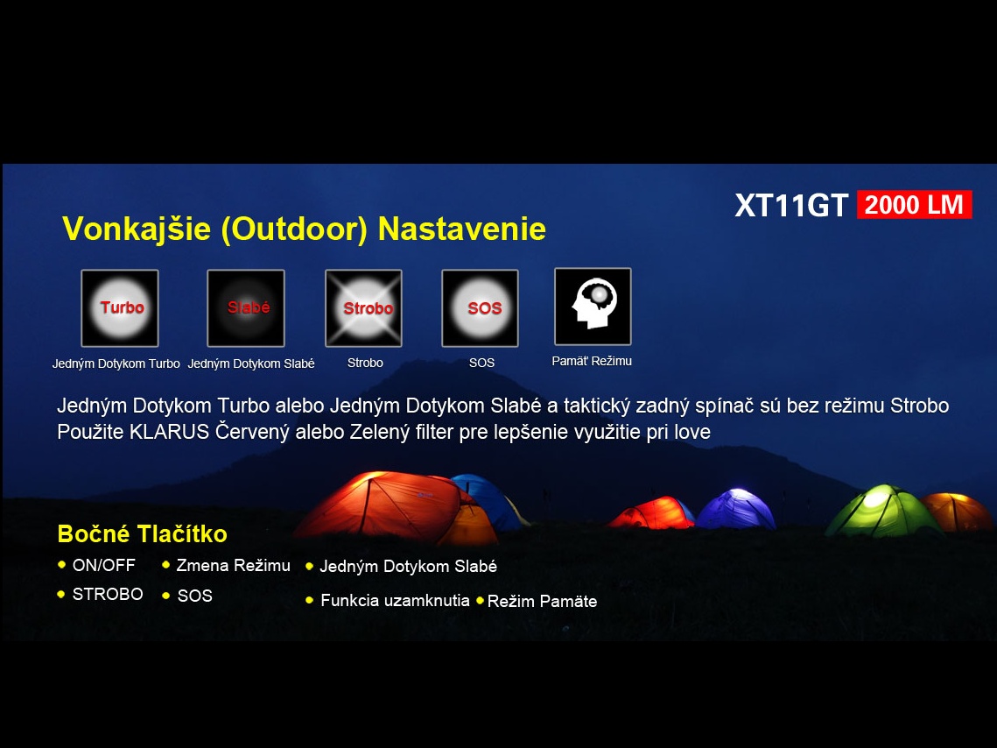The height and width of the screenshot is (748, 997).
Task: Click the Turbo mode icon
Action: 120,308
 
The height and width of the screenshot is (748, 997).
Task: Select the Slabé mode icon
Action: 246,308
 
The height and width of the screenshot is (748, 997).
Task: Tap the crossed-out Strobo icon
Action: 364,308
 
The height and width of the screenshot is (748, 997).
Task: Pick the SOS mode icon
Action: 480,308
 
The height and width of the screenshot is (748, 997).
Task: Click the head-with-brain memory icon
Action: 593,307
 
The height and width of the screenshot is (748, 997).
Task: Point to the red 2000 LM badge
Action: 915,205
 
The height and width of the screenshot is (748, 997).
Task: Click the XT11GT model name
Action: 791,206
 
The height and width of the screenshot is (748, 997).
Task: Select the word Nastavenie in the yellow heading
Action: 461,229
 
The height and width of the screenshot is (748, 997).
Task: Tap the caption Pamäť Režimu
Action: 592,361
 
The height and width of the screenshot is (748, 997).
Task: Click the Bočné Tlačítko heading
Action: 143,533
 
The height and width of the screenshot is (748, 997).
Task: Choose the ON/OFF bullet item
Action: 103,566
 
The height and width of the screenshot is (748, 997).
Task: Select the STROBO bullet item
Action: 108,594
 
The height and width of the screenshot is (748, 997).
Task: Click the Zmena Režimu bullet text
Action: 234,566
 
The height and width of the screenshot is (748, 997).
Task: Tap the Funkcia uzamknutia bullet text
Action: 395,601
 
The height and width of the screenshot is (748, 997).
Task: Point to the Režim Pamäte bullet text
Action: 543,602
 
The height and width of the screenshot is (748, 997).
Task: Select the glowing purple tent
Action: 736,509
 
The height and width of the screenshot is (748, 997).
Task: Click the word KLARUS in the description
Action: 169,432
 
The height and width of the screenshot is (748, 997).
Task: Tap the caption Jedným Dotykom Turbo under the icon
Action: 116,363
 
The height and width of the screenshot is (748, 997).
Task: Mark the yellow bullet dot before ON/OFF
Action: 61,564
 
